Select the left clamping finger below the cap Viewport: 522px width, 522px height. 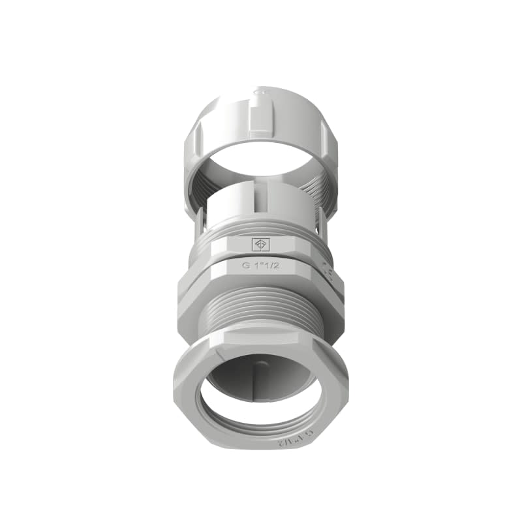click(x=200, y=225)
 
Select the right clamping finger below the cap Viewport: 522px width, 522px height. click(x=322, y=225)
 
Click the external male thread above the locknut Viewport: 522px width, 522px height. click(x=261, y=307)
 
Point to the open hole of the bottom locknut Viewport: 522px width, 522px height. click(x=261, y=391)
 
